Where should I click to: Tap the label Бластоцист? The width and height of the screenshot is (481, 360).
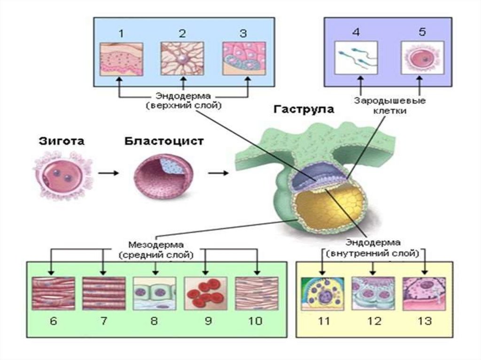coord(164,141)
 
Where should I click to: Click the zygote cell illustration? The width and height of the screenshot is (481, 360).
coord(62,173)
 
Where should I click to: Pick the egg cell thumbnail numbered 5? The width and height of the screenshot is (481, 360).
coord(421,59)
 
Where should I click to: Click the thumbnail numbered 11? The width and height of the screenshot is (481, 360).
coord(321,294)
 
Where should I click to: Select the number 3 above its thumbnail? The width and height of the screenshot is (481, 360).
coord(243,33)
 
